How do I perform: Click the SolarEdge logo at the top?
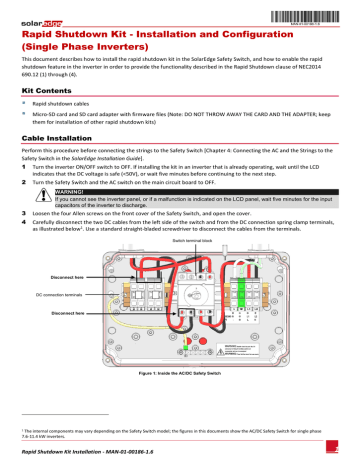pos(37,8)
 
